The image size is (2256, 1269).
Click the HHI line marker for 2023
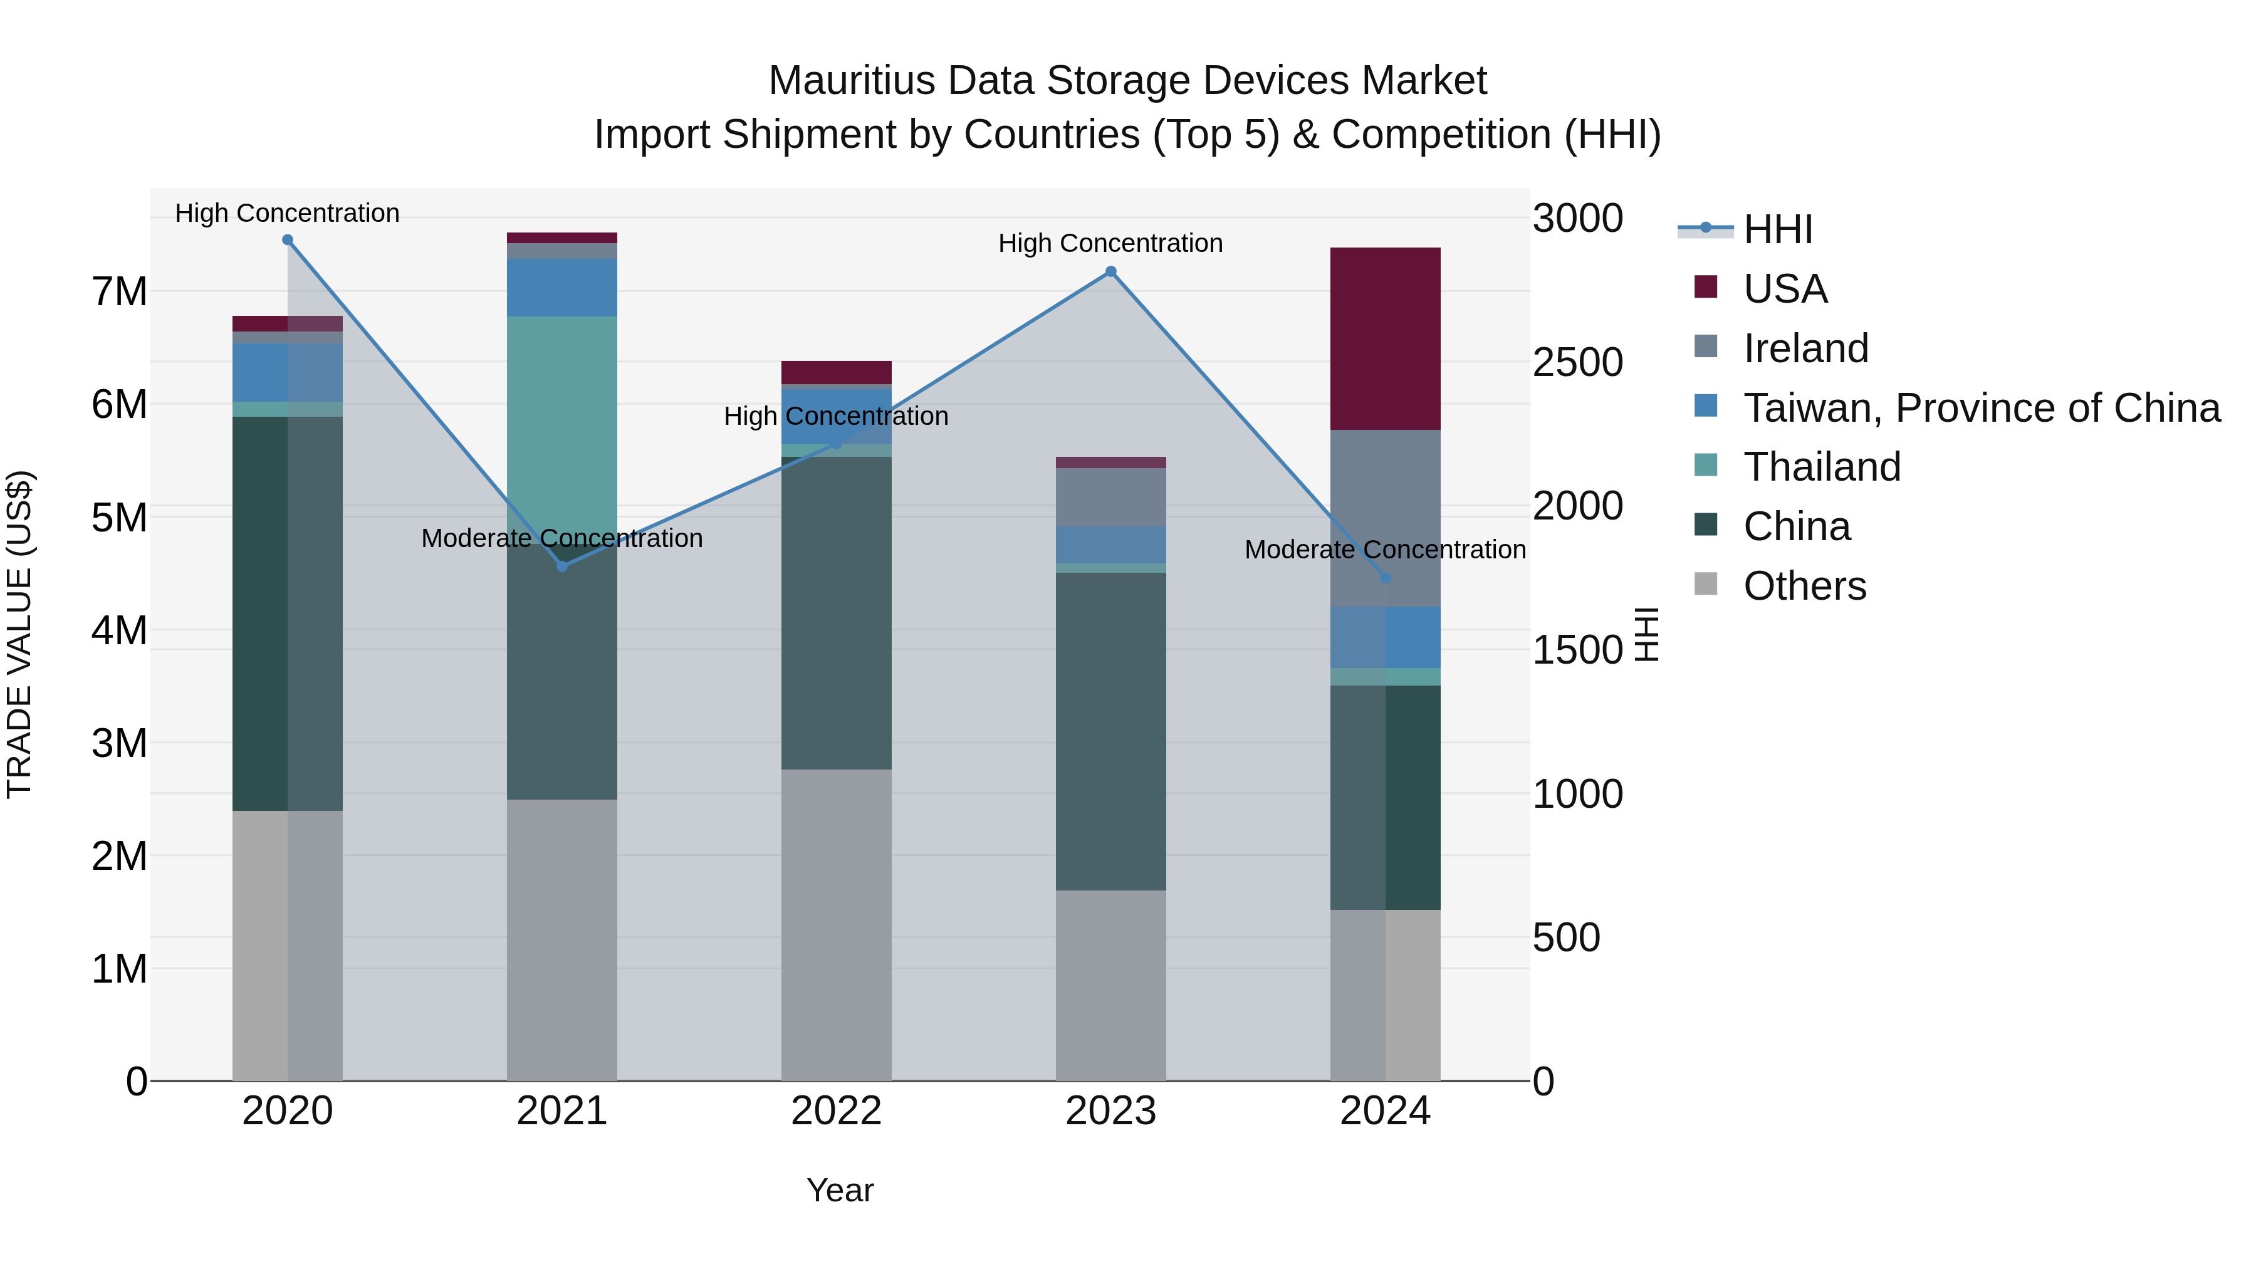click(1110, 271)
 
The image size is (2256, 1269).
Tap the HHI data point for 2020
click(287, 240)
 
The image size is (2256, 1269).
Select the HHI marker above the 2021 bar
click(562, 566)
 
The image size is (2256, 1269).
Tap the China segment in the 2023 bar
click(1110, 731)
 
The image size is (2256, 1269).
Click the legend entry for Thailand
click(1822, 467)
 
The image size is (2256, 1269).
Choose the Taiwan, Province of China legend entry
click(1981, 408)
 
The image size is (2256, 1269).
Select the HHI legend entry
click(1777, 229)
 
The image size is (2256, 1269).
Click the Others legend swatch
click(1706, 584)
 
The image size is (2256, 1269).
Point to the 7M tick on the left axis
click(120, 291)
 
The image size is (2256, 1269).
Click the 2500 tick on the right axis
click(1577, 363)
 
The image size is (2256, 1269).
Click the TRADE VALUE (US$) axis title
click(19, 634)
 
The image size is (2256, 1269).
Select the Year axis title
click(839, 1190)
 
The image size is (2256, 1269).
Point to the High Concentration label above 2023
click(1110, 244)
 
